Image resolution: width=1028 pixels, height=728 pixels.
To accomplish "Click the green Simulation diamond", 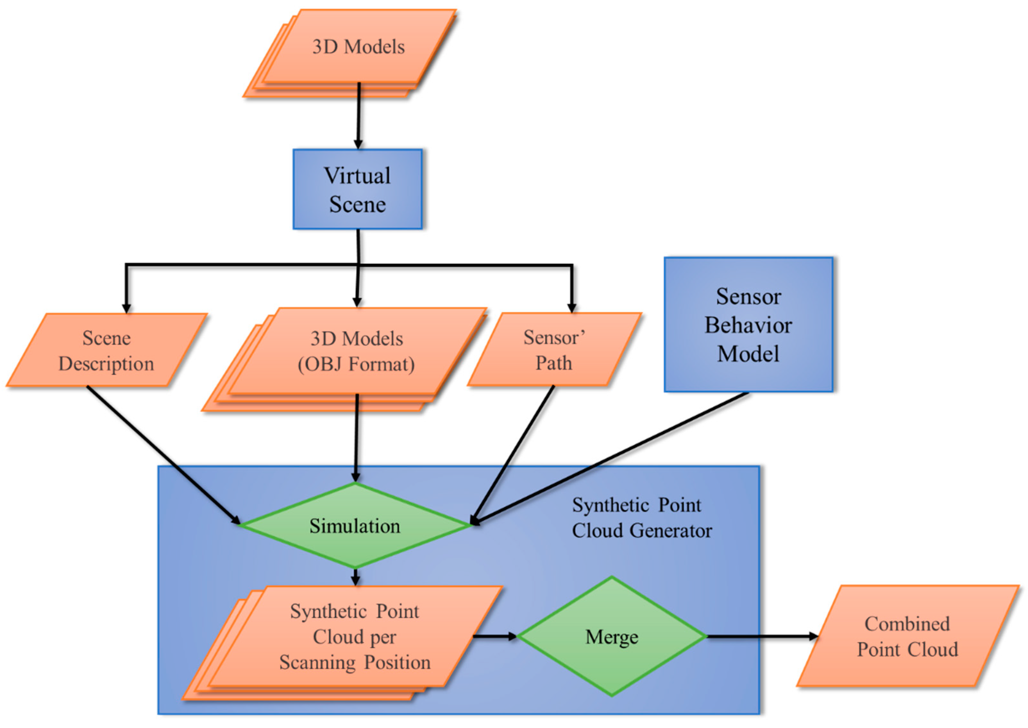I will pyautogui.click(x=355, y=525).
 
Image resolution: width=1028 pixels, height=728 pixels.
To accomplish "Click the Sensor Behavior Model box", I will pyautogui.click(x=748, y=324).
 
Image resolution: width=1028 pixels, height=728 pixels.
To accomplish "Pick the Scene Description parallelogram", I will pyautogui.click(x=106, y=350).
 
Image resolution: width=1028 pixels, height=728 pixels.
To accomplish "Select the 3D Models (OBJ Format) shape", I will pyautogui.click(x=357, y=351).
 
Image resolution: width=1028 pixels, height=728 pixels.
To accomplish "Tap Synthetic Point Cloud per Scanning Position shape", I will pyautogui.click(x=354, y=637).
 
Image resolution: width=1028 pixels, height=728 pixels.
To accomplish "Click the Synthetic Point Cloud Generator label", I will pyautogui.click(x=641, y=518).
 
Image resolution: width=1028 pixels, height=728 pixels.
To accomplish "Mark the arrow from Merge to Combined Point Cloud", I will pyautogui.click(x=762, y=636).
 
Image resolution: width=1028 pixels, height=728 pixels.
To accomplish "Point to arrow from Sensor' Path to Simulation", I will pyautogui.click(x=513, y=455).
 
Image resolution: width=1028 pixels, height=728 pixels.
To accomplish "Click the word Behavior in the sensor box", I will pyautogui.click(x=748, y=325).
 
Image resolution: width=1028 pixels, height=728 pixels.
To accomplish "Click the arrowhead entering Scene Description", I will pyautogui.click(x=126, y=308).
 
